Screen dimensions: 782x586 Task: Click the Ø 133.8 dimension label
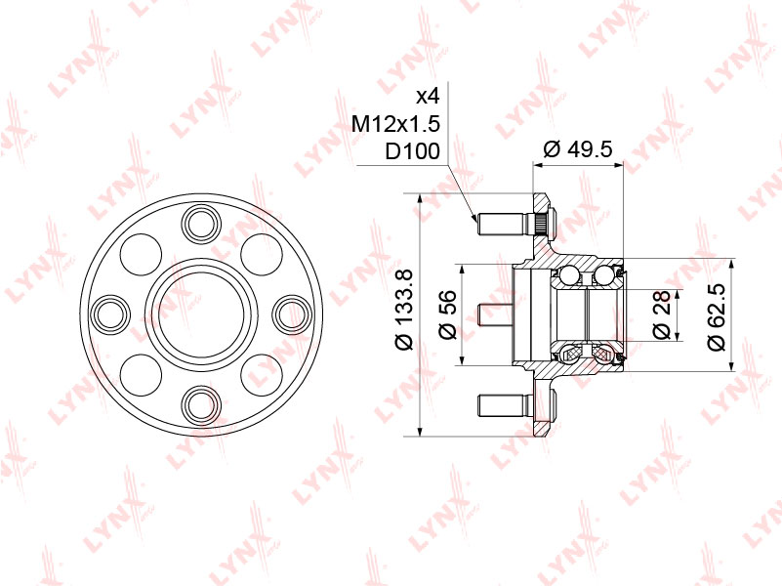click(x=403, y=309)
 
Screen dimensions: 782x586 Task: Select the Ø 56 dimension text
click(x=447, y=314)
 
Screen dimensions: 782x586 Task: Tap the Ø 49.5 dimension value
click(x=578, y=149)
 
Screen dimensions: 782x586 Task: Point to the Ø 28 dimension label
click(x=661, y=315)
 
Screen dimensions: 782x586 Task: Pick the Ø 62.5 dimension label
click(x=716, y=316)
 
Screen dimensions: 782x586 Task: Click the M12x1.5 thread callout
click(x=396, y=123)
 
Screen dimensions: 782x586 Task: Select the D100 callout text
click(x=412, y=150)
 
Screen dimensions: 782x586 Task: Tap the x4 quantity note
click(x=428, y=96)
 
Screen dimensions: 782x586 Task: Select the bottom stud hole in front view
click(x=201, y=404)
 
